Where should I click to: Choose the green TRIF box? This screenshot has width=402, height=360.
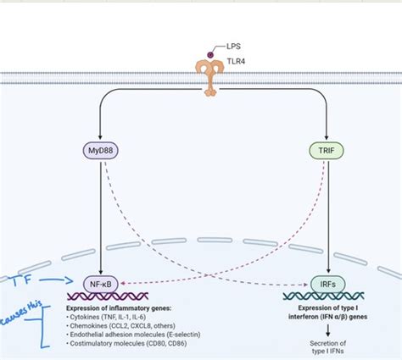click(x=325, y=152)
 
